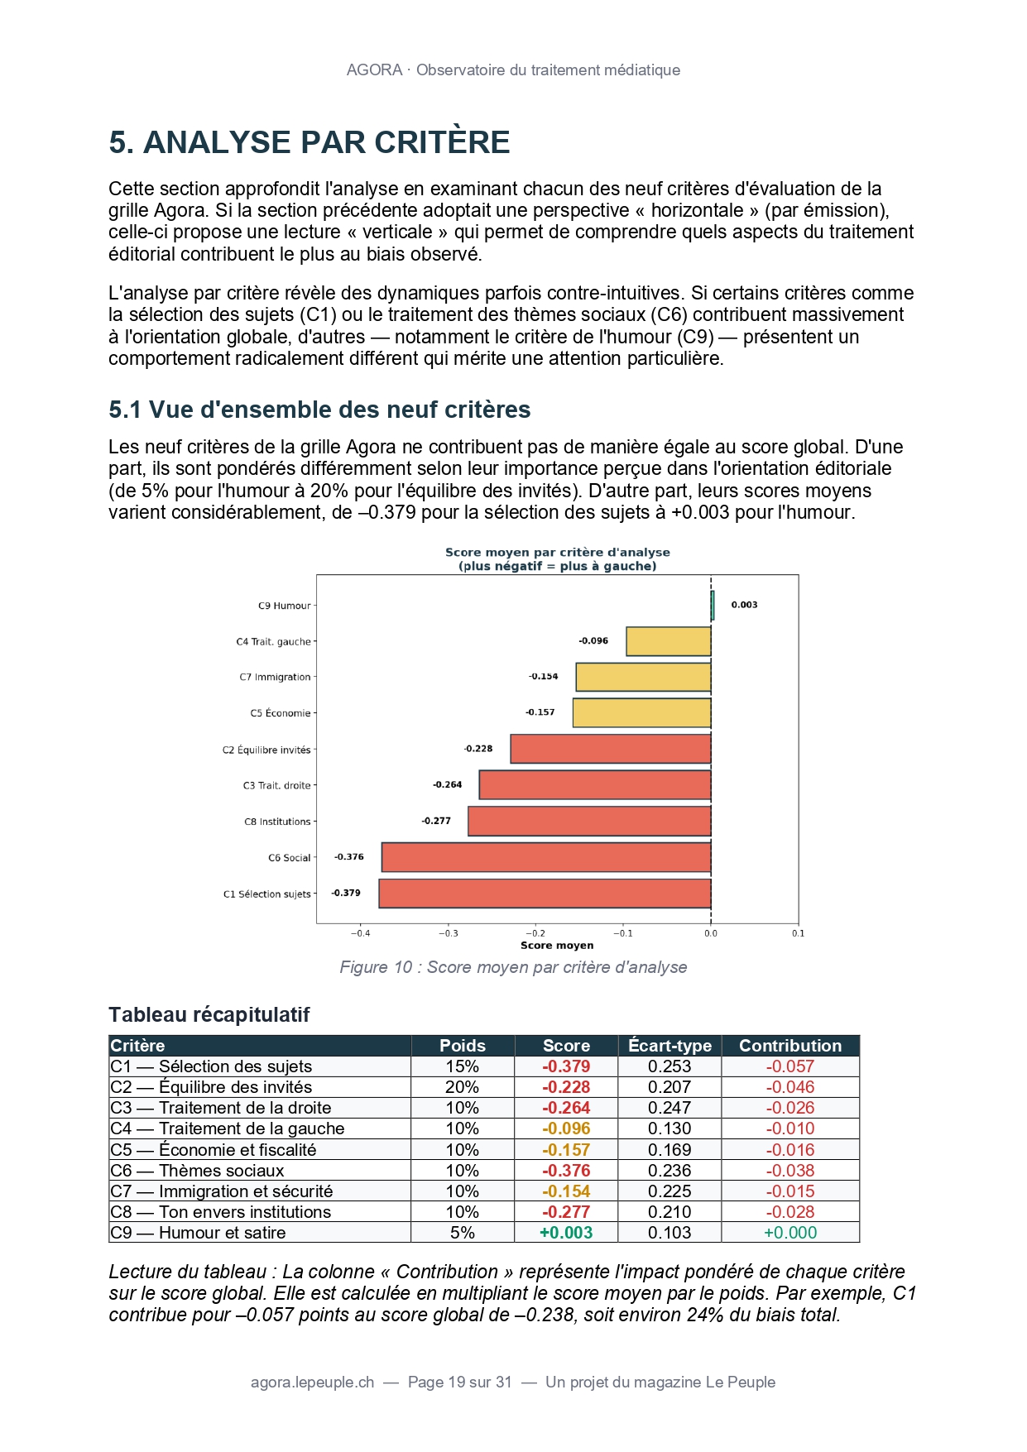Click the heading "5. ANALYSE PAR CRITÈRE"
309,142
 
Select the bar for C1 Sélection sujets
545,894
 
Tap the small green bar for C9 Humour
712,606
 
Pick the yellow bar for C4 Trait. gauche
668,641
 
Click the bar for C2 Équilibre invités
610,749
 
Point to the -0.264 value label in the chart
447,784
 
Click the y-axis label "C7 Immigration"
275,677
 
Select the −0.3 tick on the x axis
448,933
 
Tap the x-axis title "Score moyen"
556,946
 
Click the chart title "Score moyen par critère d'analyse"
557,553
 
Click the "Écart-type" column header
669,1046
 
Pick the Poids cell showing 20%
462,1087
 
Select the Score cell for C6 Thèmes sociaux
566,1171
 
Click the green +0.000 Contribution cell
789,1233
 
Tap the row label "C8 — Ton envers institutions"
220,1212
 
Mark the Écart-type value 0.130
669,1129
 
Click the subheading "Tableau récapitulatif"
209,1015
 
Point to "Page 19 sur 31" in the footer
459,1383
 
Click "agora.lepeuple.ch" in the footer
312,1383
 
